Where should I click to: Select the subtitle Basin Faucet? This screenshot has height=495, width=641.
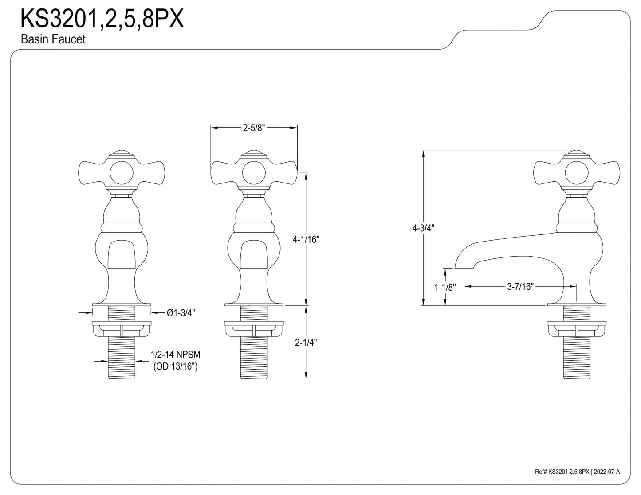[x=53, y=39]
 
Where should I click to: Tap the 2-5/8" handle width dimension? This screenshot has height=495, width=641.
[x=254, y=128]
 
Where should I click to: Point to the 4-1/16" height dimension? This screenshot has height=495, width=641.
[x=306, y=240]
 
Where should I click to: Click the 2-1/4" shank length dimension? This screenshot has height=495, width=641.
[x=306, y=343]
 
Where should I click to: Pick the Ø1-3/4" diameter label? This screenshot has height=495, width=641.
[x=181, y=312]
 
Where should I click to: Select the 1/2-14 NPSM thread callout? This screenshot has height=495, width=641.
[x=175, y=355]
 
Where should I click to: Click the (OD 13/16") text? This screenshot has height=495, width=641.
[x=175, y=366]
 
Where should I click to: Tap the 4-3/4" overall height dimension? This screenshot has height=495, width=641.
[x=423, y=228]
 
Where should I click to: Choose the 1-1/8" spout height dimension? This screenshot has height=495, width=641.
[x=445, y=287]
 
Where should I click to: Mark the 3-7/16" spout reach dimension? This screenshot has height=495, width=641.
[x=520, y=286]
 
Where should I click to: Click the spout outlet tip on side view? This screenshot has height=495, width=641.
[x=464, y=268]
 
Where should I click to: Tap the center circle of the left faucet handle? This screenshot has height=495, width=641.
[x=122, y=173]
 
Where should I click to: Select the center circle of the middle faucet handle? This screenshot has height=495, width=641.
[x=254, y=173]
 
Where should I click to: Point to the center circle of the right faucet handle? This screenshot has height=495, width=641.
[x=576, y=173]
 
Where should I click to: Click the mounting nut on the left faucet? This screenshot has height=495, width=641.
[x=122, y=328]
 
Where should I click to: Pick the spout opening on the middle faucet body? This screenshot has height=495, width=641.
[x=254, y=254]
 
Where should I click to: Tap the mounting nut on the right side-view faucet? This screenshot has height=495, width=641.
[x=577, y=328]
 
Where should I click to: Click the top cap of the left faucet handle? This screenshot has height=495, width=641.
[x=122, y=154]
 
